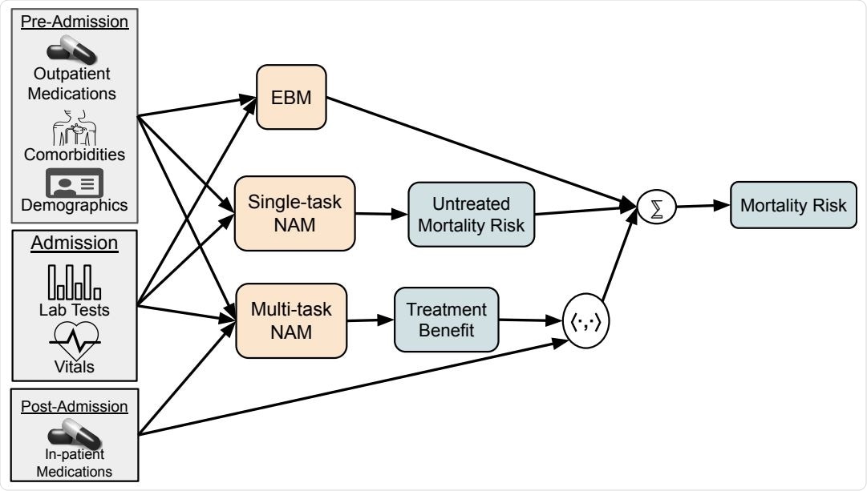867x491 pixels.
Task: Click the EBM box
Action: [x=291, y=97]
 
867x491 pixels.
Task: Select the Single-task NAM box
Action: [x=294, y=213]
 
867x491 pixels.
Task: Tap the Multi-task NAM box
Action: [x=291, y=320]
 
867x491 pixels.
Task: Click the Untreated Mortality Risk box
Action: [x=470, y=214]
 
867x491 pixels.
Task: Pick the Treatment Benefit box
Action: [x=446, y=320]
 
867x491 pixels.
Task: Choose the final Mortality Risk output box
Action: [x=792, y=205]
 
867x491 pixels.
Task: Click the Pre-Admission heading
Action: [x=75, y=22]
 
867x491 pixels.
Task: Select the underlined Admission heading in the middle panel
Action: [x=75, y=243]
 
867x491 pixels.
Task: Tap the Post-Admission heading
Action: [x=75, y=406]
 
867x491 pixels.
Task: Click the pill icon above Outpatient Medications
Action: [x=72, y=50]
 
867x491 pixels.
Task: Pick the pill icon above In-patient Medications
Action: [x=74, y=437]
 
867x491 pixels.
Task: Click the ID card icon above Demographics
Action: [x=74, y=183]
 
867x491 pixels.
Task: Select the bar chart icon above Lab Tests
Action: [x=74, y=281]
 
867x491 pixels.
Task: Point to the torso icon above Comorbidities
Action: [x=74, y=125]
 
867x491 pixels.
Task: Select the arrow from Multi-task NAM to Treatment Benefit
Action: [x=370, y=320]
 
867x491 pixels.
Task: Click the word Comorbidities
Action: [x=75, y=154]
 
